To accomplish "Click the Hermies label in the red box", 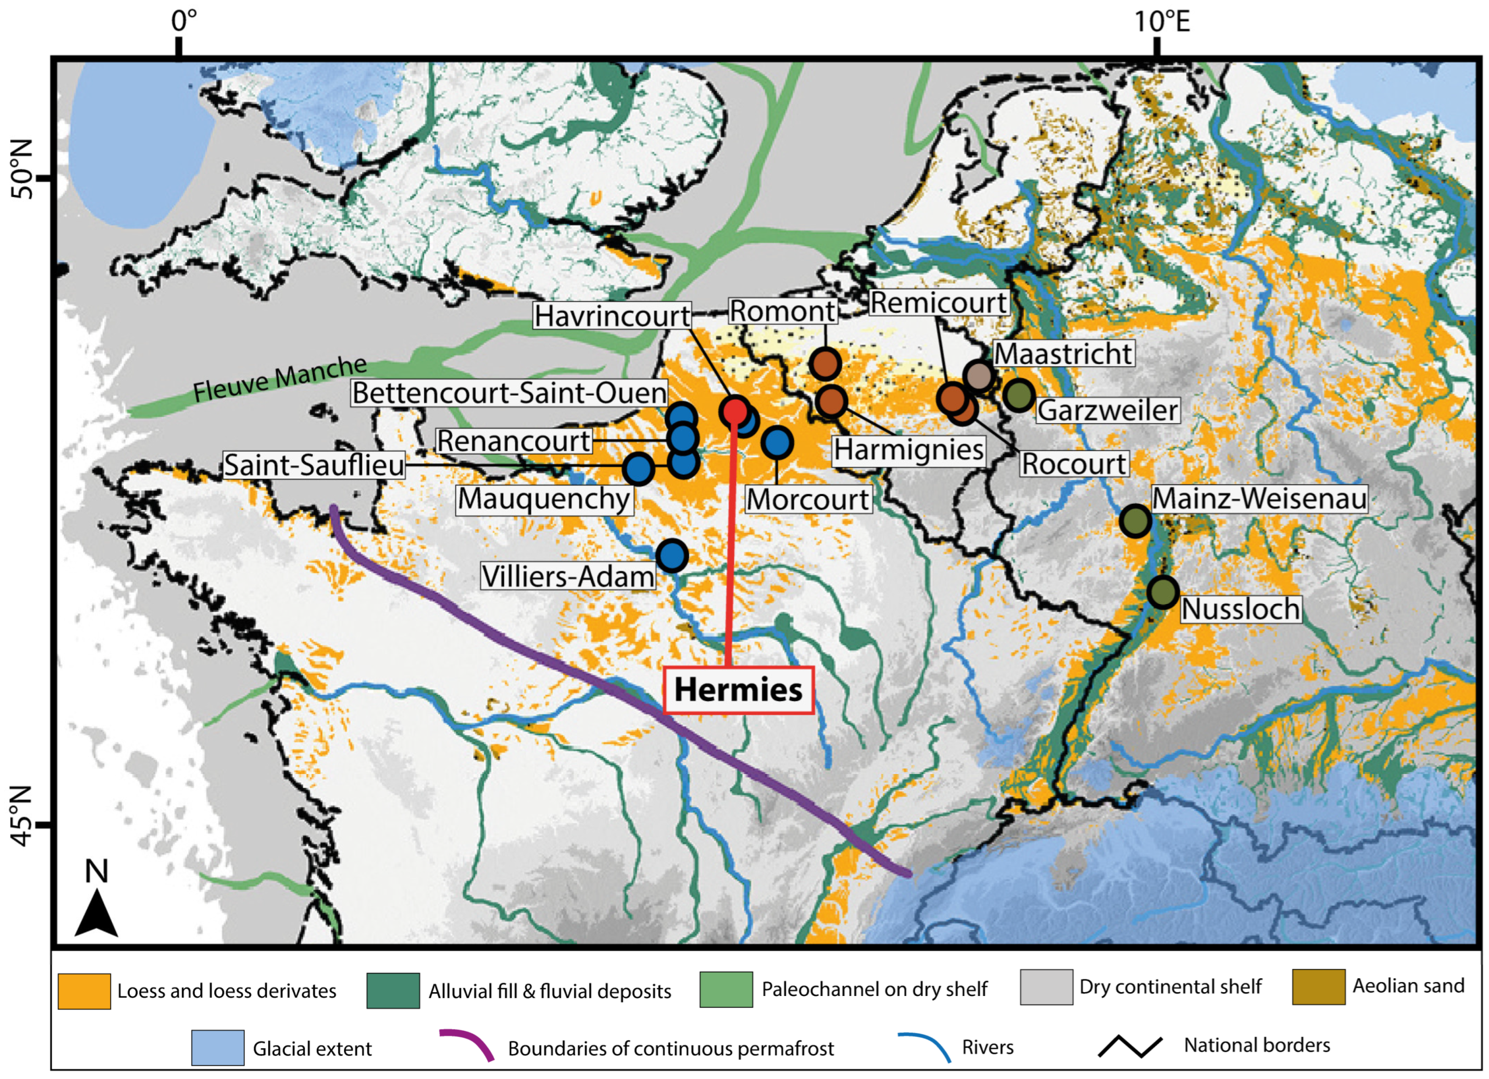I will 738,690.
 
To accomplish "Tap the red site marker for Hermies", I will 734,412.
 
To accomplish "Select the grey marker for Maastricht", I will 978,376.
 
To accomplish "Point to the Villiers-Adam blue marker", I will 672,556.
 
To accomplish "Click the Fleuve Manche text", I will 279,379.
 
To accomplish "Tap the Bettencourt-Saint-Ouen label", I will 510,392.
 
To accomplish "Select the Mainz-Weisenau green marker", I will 1135,521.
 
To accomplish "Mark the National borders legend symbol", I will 1130,1046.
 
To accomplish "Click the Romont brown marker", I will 825,363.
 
